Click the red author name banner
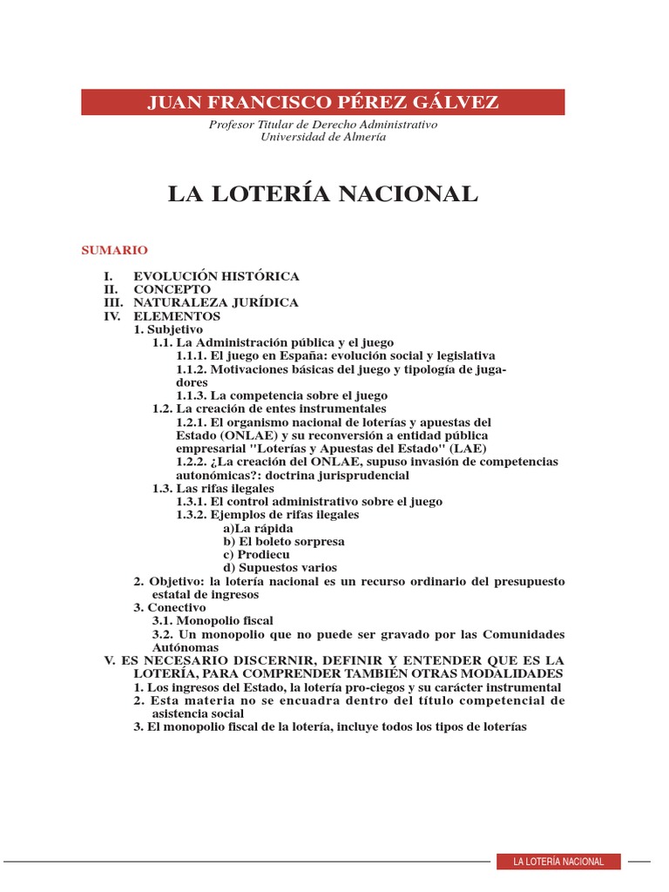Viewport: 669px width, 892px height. pyautogui.click(x=323, y=102)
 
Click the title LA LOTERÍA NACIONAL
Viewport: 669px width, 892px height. pyautogui.click(x=323, y=194)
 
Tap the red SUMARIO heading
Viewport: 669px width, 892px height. pyautogui.click(x=114, y=250)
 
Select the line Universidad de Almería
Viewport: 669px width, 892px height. pyautogui.click(x=323, y=137)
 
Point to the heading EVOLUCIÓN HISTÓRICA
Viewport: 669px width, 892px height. pyautogui.click(x=216, y=276)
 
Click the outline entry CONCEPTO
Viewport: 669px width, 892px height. pyautogui.click(x=172, y=289)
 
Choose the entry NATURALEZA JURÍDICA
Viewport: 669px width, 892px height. pyautogui.click(x=215, y=302)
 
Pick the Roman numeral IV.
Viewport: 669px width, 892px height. pyautogui.click(x=111, y=316)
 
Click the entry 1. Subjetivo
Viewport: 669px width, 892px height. pyautogui.click(x=168, y=329)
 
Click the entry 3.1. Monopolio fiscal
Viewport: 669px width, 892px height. pyautogui.click(x=213, y=620)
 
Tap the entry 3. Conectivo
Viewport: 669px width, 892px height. pyautogui.click(x=170, y=607)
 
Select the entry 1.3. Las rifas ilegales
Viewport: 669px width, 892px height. pyautogui.click(x=213, y=488)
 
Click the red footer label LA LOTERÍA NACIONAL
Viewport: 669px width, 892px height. pyautogui.click(x=558, y=862)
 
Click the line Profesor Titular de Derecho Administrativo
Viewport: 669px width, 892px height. pyautogui.click(x=323, y=125)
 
